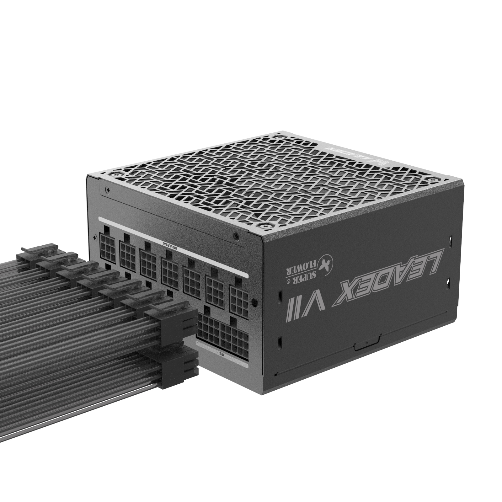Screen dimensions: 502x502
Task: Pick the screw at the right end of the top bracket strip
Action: click(235, 235)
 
